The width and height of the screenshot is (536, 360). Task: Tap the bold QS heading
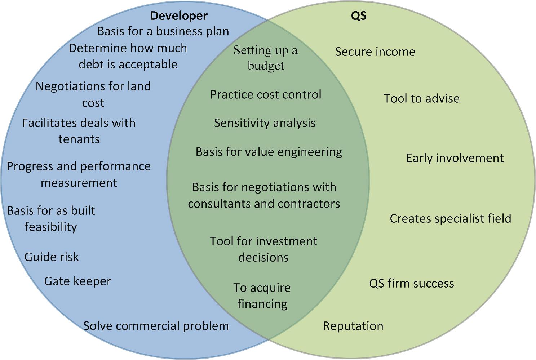pos(359,16)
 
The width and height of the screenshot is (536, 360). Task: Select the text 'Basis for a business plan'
pos(163,31)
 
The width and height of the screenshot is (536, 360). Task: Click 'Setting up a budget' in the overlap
pos(266,58)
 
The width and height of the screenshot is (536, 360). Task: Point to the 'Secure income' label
pos(375,52)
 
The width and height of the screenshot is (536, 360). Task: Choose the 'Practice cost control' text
pos(266,94)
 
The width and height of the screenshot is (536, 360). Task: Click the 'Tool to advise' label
pos(422,98)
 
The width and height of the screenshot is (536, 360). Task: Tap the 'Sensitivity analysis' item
pos(265,124)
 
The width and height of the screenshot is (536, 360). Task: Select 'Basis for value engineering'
pos(269,152)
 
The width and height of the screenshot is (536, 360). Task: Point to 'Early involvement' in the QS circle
pos(455,158)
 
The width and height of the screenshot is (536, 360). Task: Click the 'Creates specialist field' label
pos(450,219)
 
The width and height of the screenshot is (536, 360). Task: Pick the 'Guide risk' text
pos(52,257)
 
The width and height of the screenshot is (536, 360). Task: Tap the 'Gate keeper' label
pos(77,281)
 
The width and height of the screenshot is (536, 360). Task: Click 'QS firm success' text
pos(412,284)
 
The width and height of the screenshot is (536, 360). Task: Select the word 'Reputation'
pos(353,326)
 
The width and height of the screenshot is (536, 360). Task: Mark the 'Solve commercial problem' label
pos(156,326)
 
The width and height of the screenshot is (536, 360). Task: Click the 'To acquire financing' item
pos(262,296)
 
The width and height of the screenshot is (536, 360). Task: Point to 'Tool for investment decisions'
pos(263,249)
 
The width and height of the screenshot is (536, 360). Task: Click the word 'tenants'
pos(79,139)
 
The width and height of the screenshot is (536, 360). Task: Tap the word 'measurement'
pos(79,183)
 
